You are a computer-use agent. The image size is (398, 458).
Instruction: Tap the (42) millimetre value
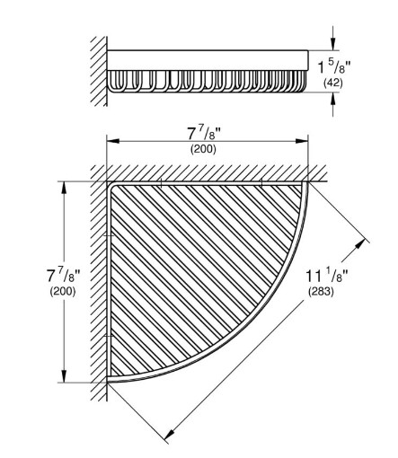point(333,83)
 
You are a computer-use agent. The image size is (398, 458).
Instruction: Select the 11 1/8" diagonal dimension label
point(327,276)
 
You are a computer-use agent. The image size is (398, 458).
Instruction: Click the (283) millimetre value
point(321,291)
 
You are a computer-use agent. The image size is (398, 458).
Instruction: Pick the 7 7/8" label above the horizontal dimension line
point(204,134)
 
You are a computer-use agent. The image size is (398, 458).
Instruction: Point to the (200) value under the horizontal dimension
point(203,149)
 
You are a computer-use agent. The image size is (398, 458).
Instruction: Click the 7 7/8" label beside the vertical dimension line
point(64,276)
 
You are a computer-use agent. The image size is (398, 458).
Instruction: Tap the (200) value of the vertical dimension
point(63,291)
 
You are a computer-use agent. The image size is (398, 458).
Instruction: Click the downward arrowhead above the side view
point(332,44)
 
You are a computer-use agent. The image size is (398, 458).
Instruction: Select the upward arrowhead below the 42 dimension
point(332,99)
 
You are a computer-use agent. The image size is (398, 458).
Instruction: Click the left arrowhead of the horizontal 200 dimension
point(113,141)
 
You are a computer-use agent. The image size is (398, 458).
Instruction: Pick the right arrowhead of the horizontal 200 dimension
point(302,141)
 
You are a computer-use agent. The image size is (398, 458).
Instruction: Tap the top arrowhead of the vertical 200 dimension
point(64,188)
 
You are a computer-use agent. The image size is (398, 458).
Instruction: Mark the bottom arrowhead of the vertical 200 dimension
point(64,376)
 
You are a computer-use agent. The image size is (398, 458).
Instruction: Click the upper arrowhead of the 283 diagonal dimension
point(362,243)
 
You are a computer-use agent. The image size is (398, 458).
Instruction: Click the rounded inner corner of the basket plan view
point(113,187)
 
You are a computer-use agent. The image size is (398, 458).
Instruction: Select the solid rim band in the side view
point(208,60)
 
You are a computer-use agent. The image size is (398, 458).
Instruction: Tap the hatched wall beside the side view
point(99,71)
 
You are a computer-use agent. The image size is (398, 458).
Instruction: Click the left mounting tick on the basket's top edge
point(161,182)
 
